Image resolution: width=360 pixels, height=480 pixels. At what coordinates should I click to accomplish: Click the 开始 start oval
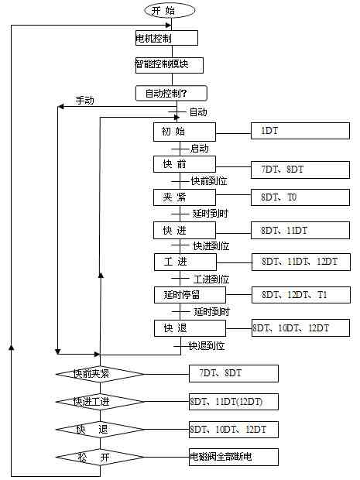[170, 11]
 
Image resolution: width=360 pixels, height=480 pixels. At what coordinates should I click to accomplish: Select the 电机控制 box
[166, 38]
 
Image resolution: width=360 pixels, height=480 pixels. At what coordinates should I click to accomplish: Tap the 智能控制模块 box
[170, 65]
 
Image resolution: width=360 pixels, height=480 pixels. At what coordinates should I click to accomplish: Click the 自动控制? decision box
[171, 94]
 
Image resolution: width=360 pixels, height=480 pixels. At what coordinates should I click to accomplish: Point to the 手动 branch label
[85, 101]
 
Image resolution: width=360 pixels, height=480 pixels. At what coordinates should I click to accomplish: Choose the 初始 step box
[184, 132]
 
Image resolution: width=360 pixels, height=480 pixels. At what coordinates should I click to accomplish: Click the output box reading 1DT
[300, 131]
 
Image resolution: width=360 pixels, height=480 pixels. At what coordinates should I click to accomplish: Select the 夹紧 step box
[184, 197]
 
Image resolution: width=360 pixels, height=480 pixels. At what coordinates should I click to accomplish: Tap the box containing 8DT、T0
[300, 197]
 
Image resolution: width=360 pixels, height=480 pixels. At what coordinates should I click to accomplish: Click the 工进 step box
[185, 262]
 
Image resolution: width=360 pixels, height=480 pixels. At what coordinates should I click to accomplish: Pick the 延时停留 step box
[190, 295]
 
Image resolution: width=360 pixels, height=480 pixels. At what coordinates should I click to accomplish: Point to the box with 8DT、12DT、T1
[301, 295]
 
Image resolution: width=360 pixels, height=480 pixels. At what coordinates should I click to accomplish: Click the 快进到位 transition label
[211, 246]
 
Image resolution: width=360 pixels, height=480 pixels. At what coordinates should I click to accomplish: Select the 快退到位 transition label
[207, 346]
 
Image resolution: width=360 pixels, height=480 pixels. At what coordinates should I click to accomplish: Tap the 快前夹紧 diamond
[100, 374]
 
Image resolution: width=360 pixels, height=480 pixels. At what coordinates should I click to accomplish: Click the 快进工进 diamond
[100, 402]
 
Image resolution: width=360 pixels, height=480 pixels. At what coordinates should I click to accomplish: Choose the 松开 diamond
[100, 457]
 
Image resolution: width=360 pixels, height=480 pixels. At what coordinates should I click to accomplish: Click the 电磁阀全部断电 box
[234, 457]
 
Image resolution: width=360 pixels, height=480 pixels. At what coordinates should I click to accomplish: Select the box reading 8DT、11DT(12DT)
[234, 402]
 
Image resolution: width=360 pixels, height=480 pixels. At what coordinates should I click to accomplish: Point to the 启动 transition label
[200, 149]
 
